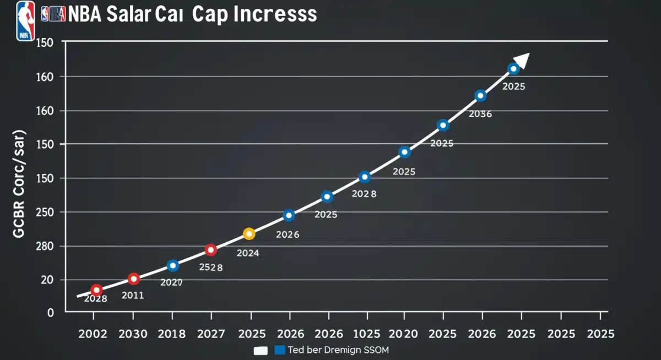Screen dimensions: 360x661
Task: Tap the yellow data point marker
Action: (x=249, y=234)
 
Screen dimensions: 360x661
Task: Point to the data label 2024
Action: (x=248, y=253)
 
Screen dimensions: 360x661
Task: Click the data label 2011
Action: (x=132, y=296)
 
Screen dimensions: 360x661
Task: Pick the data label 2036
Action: (x=480, y=114)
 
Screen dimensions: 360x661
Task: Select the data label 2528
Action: (x=210, y=268)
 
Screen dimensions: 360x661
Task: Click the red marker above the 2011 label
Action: (x=133, y=279)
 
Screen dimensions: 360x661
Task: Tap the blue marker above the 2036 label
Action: (x=480, y=96)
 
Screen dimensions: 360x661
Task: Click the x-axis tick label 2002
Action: (x=93, y=334)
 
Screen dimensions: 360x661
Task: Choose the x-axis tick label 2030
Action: (x=132, y=334)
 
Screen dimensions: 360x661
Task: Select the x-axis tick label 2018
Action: (x=172, y=334)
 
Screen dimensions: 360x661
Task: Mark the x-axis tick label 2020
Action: (x=404, y=334)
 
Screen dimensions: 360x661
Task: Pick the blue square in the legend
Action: (x=279, y=350)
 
